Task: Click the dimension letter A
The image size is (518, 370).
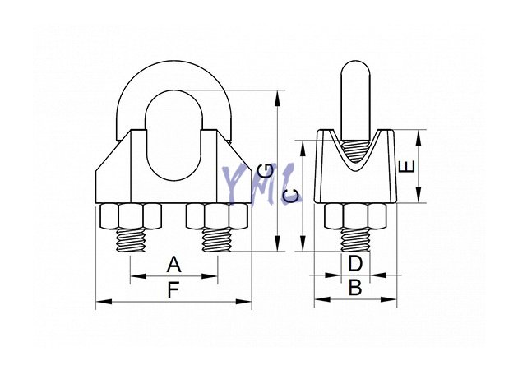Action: (x=173, y=264)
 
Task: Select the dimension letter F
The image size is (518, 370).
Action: (x=173, y=290)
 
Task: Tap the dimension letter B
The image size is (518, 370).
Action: (x=355, y=288)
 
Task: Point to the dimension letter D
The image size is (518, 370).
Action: (x=355, y=264)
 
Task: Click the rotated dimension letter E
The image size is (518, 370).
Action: (x=407, y=166)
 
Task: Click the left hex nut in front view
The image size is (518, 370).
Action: (x=130, y=217)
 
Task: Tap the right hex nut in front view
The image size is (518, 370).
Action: (x=217, y=217)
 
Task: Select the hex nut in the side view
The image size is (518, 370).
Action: (x=355, y=217)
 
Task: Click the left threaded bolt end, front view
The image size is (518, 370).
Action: (x=131, y=240)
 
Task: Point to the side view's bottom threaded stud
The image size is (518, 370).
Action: (x=355, y=240)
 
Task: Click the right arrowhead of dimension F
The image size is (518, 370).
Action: (x=243, y=302)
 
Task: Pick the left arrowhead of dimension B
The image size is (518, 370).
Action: (x=322, y=299)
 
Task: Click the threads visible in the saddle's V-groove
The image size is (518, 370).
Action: (x=355, y=151)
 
